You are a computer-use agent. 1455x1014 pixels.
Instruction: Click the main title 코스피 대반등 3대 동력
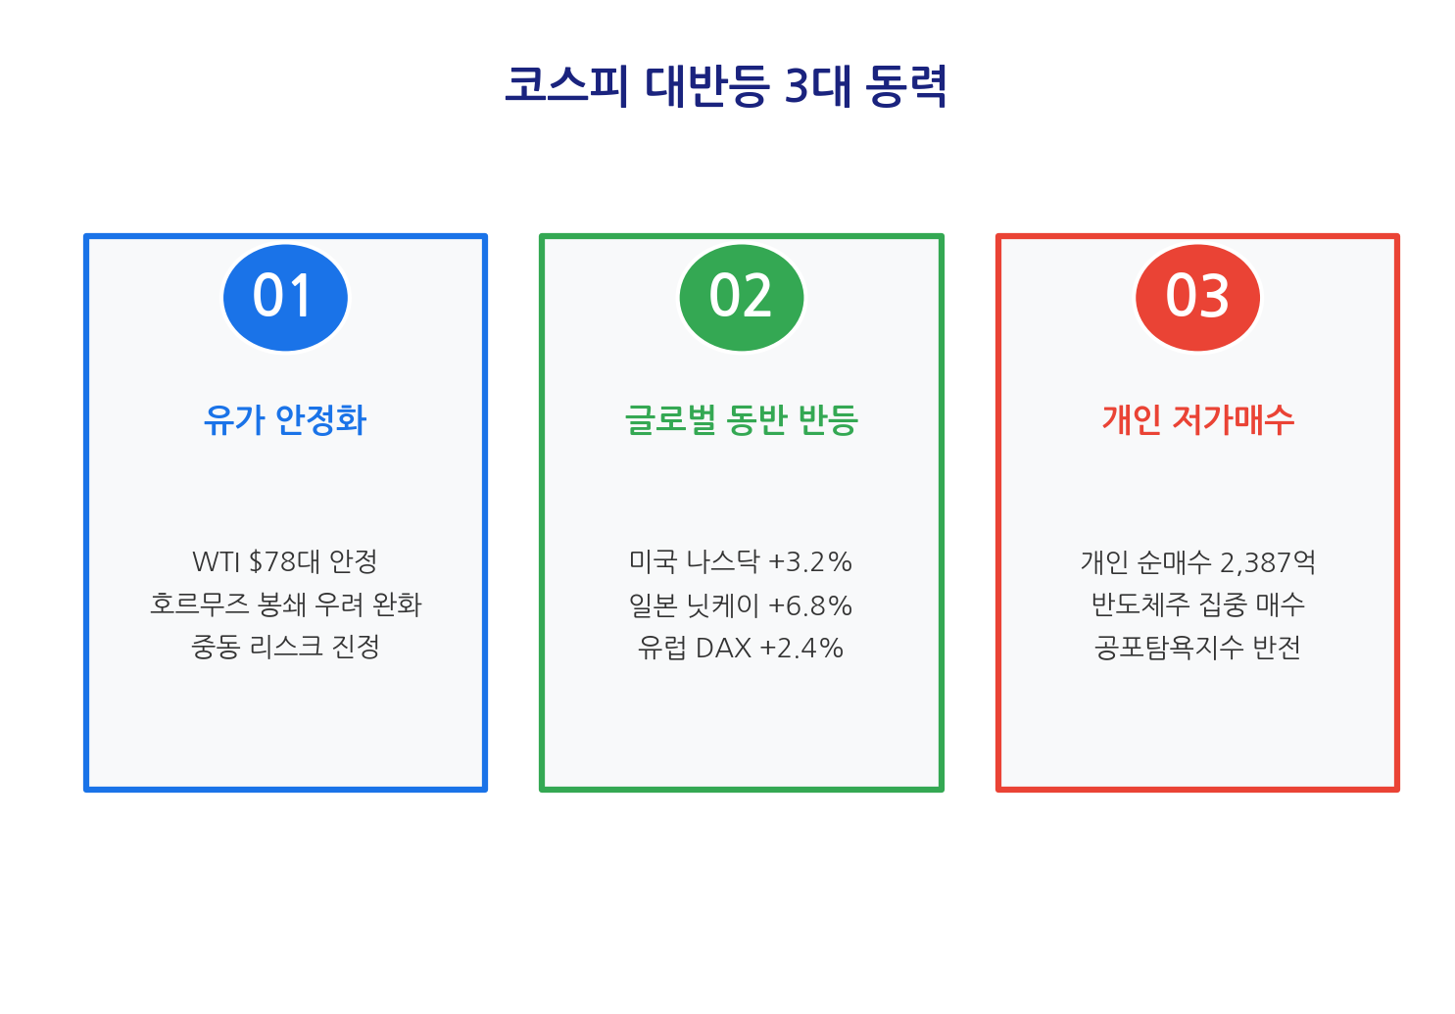726,86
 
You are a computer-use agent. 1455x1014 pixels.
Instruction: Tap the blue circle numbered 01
285,297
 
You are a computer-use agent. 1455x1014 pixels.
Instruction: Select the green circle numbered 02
742,297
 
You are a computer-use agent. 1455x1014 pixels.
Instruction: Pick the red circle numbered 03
1197,297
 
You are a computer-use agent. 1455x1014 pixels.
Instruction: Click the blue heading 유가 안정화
285,420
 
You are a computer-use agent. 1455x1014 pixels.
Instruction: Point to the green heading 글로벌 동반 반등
742,420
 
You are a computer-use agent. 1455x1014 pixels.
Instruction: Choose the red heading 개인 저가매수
1197,420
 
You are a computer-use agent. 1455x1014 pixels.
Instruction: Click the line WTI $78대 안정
285,562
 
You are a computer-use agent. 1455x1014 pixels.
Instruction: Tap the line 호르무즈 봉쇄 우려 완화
285,604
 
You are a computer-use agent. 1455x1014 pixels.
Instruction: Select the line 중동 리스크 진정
285,648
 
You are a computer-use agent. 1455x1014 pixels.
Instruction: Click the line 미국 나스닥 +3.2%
741,562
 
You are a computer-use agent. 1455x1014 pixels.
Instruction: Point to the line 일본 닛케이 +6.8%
741,605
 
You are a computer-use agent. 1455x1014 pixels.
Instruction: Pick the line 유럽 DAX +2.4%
741,648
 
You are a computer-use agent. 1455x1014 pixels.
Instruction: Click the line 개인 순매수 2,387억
1197,562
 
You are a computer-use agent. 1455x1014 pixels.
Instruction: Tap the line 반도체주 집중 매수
1197,604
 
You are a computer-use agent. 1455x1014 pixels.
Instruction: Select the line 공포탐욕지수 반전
1197,648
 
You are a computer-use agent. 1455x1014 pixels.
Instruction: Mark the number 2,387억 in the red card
1267,562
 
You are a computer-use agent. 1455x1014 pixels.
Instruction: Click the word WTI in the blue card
217,562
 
